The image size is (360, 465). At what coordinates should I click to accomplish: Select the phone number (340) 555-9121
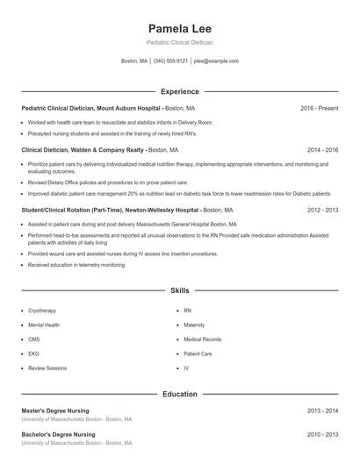[170, 61]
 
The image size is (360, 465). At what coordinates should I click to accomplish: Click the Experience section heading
[179, 91]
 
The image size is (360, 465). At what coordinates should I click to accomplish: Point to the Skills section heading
[179, 290]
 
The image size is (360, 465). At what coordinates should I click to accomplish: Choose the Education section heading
[179, 395]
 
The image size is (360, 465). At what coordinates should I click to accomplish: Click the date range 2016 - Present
[319, 108]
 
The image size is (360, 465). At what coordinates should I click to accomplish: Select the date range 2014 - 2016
[322, 150]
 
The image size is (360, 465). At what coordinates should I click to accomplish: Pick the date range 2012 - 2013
[322, 211]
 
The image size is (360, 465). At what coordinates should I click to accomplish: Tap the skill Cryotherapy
[42, 311]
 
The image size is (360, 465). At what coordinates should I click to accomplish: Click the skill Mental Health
[44, 325]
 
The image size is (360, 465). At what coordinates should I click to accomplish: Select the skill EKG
[33, 354]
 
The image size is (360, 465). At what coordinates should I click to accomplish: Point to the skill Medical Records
[202, 339]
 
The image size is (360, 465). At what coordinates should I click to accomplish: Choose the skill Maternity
[194, 325]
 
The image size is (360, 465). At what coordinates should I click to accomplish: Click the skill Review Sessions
[47, 368]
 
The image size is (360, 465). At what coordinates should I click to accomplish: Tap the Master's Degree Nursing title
[58, 411]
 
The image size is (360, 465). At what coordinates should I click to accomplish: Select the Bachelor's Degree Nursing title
[59, 434]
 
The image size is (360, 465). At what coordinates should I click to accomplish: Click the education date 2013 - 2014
[322, 411]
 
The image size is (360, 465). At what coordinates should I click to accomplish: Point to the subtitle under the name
[179, 42]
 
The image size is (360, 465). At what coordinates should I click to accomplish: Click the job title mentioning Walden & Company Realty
[83, 150]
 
